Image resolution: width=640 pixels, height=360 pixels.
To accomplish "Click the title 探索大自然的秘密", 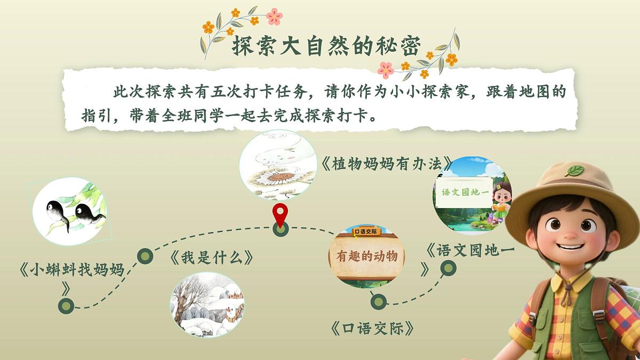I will click(x=326, y=47).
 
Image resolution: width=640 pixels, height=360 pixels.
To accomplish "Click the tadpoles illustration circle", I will click(x=69, y=211).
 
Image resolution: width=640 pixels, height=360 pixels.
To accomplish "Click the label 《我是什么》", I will click(x=211, y=258).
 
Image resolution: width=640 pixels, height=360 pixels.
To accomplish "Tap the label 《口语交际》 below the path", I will click(x=372, y=328).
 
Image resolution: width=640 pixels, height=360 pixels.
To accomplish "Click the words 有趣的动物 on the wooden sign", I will click(x=367, y=257).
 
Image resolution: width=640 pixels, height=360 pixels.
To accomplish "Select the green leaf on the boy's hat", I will click(x=574, y=171).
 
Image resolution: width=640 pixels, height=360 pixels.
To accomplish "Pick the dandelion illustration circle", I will click(x=275, y=165).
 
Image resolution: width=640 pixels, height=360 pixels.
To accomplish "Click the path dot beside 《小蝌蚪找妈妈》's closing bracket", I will click(x=66, y=306).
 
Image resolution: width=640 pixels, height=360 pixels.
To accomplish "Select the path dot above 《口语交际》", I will click(x=378, y=302).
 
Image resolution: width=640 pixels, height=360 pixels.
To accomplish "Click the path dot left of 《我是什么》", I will click(x=145, y=257).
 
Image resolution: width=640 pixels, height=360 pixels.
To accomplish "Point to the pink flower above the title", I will click(x=274, y=16).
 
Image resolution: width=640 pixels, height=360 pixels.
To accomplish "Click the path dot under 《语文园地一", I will click(x=447, y=268).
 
